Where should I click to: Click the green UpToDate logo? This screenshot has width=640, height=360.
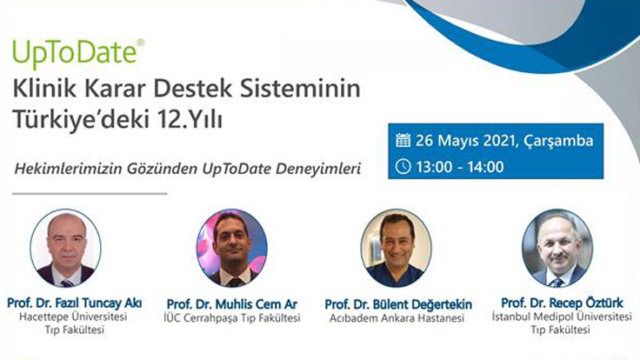click(x=75, y=52)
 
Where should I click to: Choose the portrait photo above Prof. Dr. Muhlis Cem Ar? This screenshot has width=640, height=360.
click(x=231, y=248)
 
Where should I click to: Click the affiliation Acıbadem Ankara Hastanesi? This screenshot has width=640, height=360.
click(x=398, y=318)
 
